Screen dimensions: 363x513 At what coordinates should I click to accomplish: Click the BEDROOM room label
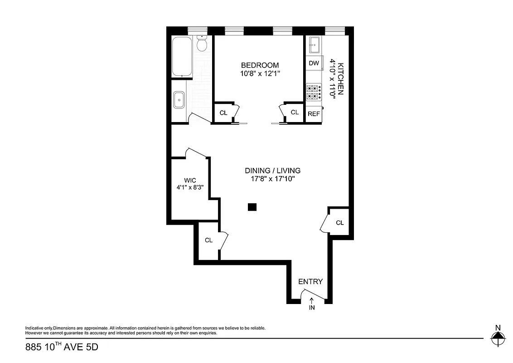click(260, 65)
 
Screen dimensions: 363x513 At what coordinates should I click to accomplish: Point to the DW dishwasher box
click(314, 63)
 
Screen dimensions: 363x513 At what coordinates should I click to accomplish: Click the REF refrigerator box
click(314, 114)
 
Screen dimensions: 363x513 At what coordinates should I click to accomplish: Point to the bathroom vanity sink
click(179, 99)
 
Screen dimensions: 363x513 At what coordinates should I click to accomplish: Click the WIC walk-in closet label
click(190, 180)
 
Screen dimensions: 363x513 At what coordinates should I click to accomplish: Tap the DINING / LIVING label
click(272, 171)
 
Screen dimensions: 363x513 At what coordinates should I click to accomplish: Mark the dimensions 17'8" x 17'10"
click(272, 179)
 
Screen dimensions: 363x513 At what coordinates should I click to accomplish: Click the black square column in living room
click(252, 207)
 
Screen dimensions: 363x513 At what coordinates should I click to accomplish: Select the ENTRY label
click(310, 282)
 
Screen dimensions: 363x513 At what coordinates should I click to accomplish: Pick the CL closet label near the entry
click(339, 223)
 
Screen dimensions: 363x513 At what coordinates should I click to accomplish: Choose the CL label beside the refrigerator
click(295, 112)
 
